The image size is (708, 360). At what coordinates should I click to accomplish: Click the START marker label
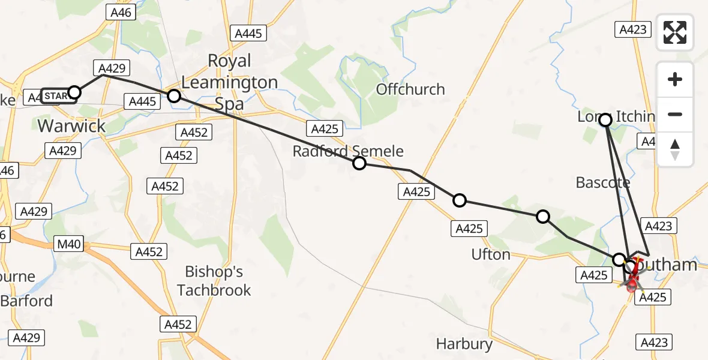pyautogui.click(x=58, y=96)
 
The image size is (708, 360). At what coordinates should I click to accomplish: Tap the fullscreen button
pyautogui.click(x=675, y=32)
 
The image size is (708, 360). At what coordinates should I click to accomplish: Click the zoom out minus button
pyautogui.click(x=675, y=114)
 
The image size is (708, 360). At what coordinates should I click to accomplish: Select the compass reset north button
pyautogui.click(x=675, y=149)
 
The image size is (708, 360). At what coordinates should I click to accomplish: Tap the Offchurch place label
pyautogui.click(x=410, y=89)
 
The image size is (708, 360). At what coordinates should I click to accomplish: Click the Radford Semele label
pyautogui.click(x=348, y=151)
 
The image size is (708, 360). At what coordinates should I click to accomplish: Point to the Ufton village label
pyautogui.click(x=491, y=254)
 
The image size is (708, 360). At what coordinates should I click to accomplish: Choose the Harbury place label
pyautogui.click(x=464, y=344)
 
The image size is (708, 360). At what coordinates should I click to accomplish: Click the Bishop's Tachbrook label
pyautogui.click(x=214, y=281)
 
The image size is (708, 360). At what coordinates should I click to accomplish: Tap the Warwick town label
pyautogui.click(x=71, y=126)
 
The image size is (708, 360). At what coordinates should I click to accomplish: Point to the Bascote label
pyautogui.click(x=603, y=182)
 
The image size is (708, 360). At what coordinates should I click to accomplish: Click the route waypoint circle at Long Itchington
pyautogui.click(x=605, y=120)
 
